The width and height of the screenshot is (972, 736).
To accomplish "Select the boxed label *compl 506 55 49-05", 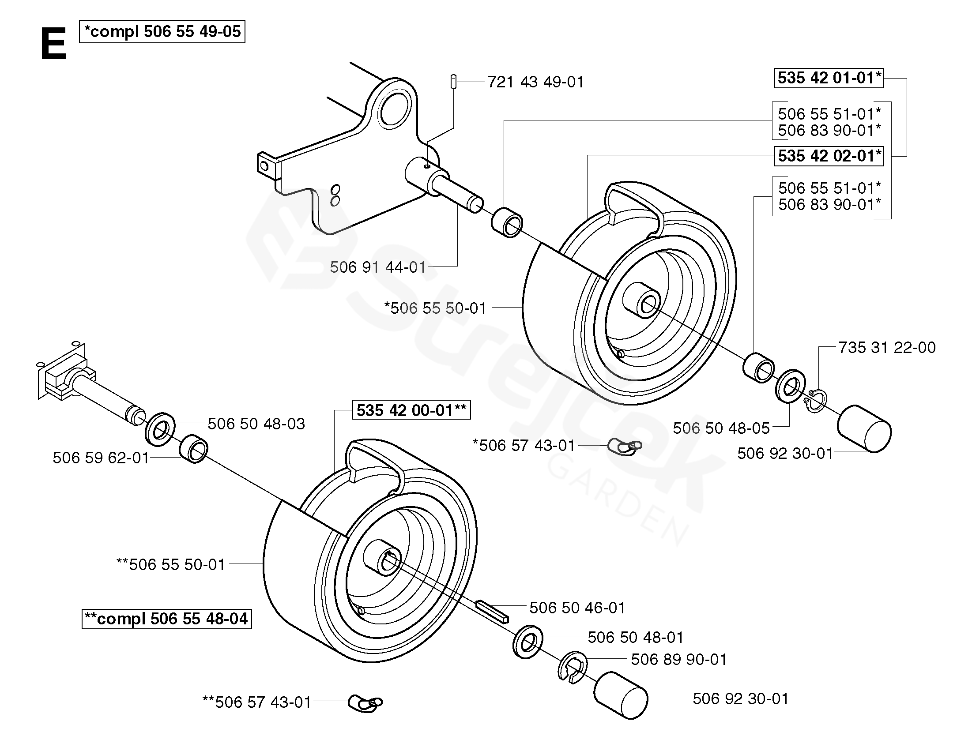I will pos(162,32).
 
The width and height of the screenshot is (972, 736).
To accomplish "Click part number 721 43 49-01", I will pos(535,82).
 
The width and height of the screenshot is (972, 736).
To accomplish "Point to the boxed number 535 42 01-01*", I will pos(829,78).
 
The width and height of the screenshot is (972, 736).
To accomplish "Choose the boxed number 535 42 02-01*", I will pos(829,156).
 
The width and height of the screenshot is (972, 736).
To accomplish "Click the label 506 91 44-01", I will pos(378,267).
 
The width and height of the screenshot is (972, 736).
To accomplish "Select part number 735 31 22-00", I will pos(887,348).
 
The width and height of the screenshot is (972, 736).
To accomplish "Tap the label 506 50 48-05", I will pos(721,428).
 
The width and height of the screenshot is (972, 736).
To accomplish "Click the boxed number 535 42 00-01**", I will pos(411,410).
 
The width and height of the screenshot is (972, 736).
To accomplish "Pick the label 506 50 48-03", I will pos(256,424).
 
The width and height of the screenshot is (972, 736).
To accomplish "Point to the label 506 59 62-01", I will pos(101,458).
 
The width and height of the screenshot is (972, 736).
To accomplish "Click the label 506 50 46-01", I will pos(577,608).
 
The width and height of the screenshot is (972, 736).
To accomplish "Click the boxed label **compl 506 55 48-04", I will pos(166,619).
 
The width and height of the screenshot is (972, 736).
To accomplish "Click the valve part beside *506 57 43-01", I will pos(625,447).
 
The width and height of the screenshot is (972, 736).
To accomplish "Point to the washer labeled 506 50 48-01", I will pos(527,642).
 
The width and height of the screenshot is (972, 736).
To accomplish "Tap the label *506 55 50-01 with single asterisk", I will pos(435,308).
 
